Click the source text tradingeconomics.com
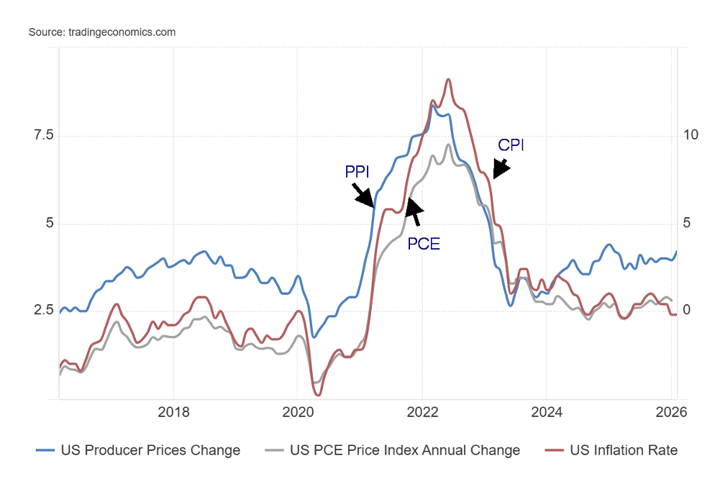click(x=102, y=32)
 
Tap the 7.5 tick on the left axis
click(x=34, y=135)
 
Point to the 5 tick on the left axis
click(x=40, y=224)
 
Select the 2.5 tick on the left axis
click(x=34, y=311)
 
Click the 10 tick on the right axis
click(x=691, y=135)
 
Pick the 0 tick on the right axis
click(x=687, y=311)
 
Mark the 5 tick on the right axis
click(x=687, y=224)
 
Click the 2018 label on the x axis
click(x=173, y=413)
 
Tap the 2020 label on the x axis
click(x=297, y=413)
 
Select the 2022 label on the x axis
click(x=422, y=413)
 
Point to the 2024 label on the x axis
click(x=546, y=413)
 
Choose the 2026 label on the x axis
click(x=670, y=413)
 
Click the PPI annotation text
click(x=358, y=172)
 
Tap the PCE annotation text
click(x=424, y=244)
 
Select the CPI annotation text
click(x=511, y=145)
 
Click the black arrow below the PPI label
click(x=363, y=195)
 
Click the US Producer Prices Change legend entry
click(x=138, y=451)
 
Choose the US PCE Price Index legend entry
click(x=393, y=451)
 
